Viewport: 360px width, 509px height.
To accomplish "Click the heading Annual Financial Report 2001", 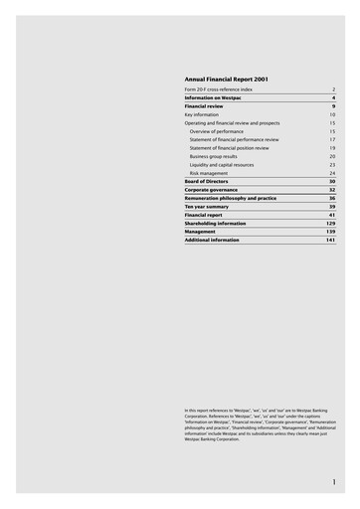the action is pos(227,78).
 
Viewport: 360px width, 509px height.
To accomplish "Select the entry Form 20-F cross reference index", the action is pos(219,89).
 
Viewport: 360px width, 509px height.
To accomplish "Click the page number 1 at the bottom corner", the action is pos(334,482).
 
